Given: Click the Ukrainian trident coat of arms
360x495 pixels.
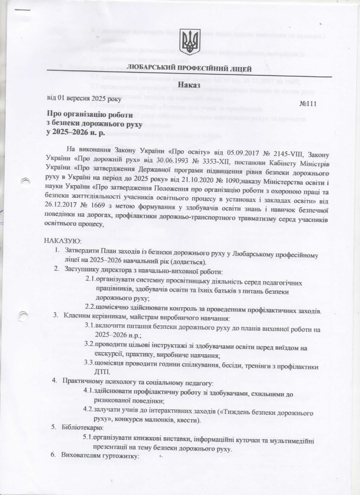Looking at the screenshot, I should point(190,42).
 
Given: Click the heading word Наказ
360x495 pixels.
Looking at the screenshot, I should point(189,85).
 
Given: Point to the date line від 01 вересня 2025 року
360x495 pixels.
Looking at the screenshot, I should point(83,98).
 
